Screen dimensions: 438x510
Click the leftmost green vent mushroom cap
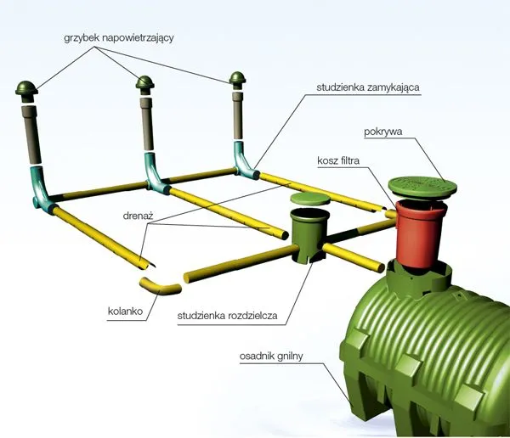click(28, 87)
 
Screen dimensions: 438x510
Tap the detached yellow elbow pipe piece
click(159, 286)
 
